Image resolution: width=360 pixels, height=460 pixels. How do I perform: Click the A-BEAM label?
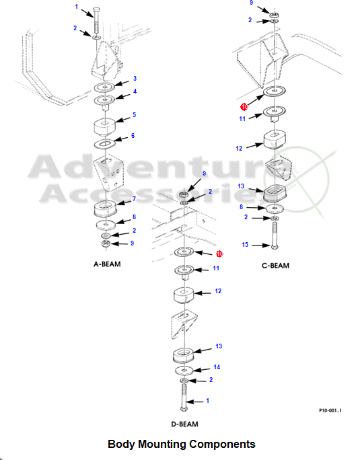(107, 264)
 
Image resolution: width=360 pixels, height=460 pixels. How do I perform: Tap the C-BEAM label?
(275, 266)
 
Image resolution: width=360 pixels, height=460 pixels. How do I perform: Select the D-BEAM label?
(184, 424)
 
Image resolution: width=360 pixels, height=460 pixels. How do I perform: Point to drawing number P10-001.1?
(330, 410)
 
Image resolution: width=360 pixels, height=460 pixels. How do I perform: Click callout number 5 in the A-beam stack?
(134, 114)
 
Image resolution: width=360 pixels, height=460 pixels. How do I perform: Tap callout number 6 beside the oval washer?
(133, 136)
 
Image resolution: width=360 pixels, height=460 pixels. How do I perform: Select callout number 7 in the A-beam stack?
(134, 199)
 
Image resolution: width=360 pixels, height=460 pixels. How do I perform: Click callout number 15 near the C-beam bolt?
(245, 244)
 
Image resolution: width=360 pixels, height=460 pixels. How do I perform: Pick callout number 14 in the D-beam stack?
(217, 367)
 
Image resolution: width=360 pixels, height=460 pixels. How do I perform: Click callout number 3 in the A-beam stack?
(135, 78)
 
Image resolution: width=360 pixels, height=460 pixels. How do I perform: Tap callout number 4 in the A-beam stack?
(135, 91)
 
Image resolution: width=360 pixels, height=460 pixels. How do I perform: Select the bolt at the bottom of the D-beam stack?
(184, 397)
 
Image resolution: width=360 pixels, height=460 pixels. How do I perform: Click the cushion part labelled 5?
(104, 127)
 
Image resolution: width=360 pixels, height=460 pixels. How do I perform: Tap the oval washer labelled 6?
(104, 144)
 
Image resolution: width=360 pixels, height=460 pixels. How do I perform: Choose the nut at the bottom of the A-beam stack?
(106, 243)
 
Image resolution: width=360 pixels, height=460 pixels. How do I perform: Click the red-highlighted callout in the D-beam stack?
(219, 254)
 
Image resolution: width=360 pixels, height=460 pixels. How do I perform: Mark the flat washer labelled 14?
(184, 371)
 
